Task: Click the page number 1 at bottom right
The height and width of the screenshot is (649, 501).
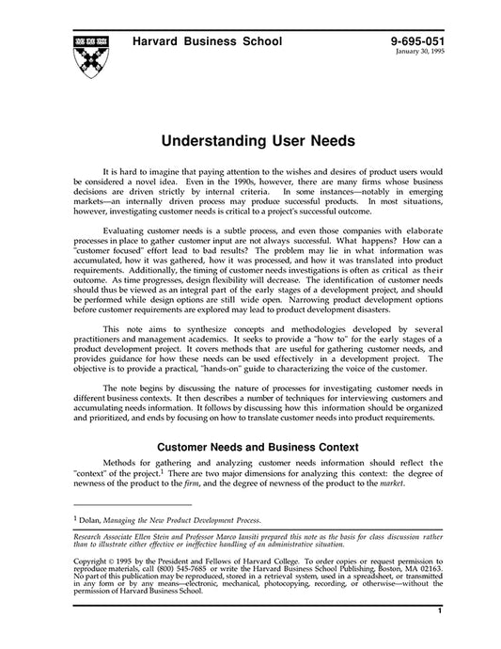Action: tap(440, 637)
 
